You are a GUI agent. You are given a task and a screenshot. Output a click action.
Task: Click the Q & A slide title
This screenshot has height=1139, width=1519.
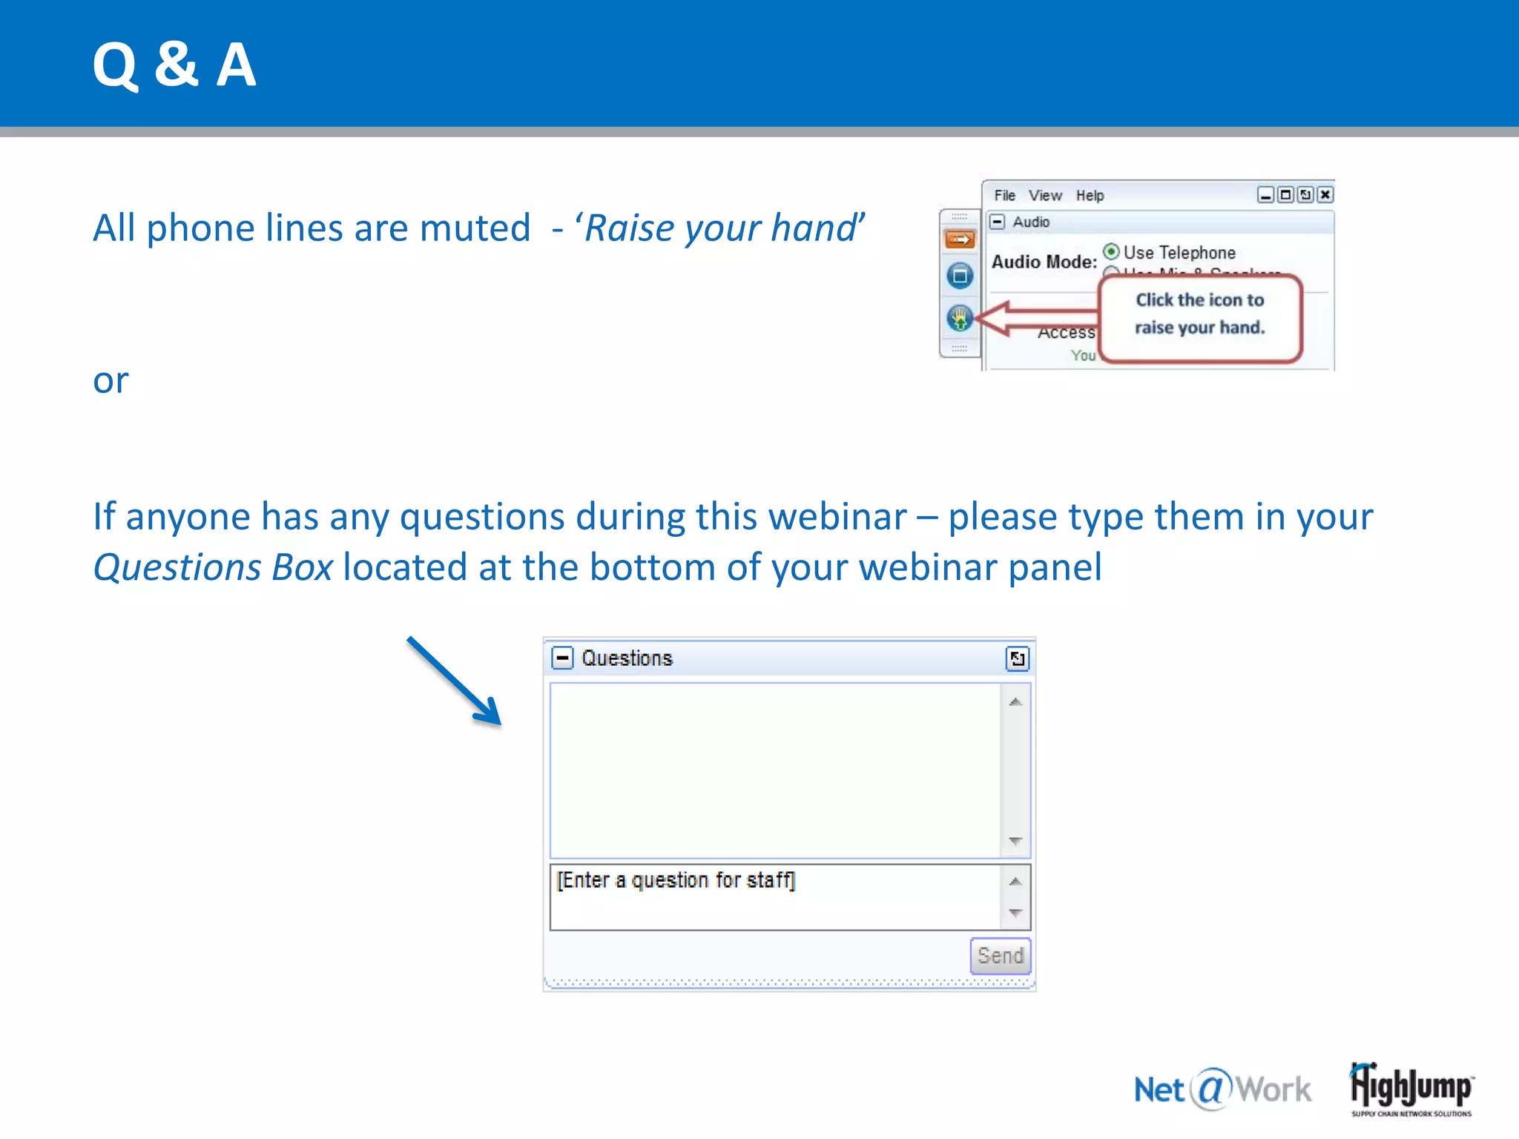[174, 65]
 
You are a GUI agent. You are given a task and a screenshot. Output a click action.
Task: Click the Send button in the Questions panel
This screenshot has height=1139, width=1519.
[1000, 956]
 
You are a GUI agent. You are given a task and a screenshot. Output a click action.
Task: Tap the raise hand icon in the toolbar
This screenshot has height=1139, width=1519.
[960, 318]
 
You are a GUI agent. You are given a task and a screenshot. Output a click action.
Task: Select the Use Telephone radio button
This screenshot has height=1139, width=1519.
[1111, 251]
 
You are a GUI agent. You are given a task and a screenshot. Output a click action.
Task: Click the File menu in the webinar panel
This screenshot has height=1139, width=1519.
[1004, 196]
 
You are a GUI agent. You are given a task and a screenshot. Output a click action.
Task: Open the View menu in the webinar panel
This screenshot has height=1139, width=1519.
[1044, 196]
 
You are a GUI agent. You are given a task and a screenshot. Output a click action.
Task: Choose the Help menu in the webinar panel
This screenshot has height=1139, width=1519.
[1090, 196]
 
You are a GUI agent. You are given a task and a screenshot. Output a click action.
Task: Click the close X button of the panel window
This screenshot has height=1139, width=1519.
[1325, 195]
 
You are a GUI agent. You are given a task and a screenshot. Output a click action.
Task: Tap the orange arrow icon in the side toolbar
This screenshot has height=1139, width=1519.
[960, 240]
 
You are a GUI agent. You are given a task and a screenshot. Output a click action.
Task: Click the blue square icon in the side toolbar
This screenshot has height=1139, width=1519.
[960, 276]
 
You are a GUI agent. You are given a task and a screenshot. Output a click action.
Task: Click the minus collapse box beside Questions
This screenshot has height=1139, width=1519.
[563, 658]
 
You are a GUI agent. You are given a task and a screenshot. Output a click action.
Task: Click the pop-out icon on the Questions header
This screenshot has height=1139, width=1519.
[1017, 658]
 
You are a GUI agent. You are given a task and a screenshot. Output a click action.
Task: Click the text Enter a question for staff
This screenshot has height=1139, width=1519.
[676, 880]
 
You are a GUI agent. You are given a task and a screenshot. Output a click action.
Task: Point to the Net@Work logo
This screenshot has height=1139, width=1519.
[1222, 1089]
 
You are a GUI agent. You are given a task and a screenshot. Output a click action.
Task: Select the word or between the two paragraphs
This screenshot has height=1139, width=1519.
[111, 381]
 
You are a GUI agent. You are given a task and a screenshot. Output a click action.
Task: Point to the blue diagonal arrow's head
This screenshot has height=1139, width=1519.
[490, 716]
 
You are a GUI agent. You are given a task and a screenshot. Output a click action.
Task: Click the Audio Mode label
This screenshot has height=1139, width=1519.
[1044, 262]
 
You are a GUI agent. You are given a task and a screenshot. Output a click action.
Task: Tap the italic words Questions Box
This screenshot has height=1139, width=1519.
[213, 568]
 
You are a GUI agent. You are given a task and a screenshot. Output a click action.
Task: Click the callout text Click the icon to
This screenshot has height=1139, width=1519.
[1199, 300]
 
